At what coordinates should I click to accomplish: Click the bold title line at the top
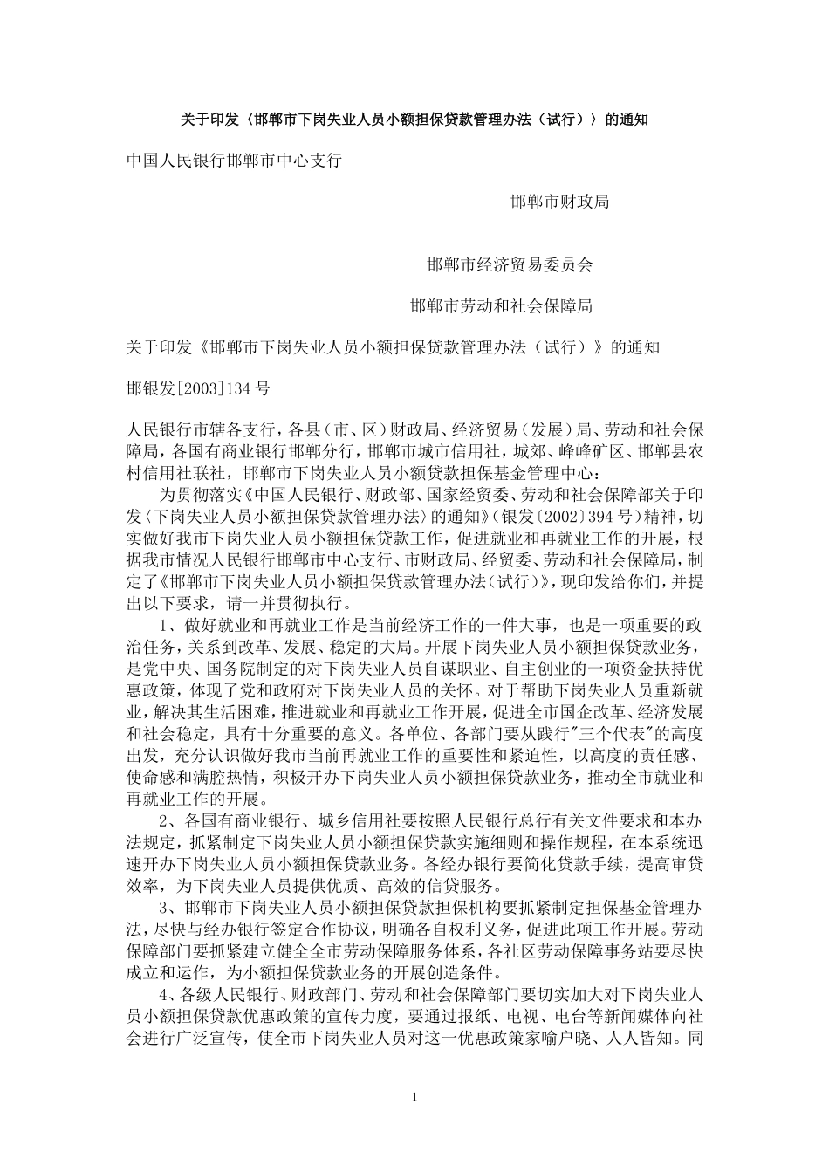(x=414, y=119)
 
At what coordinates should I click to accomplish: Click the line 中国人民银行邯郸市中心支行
(x=234, y=161)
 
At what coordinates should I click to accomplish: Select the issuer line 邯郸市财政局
(x=559, y=202)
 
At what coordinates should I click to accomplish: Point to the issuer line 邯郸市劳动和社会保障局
(x=502, y=306)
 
